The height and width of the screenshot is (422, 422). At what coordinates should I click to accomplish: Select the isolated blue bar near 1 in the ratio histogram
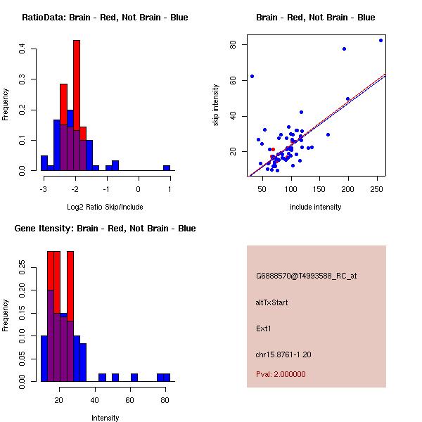167,168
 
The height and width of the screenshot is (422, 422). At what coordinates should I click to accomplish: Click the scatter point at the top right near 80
381,40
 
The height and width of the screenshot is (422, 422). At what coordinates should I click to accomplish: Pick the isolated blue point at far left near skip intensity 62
252,76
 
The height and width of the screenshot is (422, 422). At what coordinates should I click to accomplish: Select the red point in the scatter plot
273,149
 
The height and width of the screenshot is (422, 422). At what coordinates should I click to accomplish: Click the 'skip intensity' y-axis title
216,105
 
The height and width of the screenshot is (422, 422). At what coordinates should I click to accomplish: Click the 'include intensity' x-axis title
316,207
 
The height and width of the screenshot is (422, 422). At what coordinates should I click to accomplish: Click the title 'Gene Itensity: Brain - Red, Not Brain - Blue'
105,228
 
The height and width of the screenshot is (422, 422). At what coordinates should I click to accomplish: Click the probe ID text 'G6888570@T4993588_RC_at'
306,276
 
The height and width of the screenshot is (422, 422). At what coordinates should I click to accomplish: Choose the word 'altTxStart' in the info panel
272,302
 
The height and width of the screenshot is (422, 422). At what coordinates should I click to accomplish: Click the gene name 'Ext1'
263,328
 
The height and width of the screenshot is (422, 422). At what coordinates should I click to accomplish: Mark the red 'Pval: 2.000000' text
281,374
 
